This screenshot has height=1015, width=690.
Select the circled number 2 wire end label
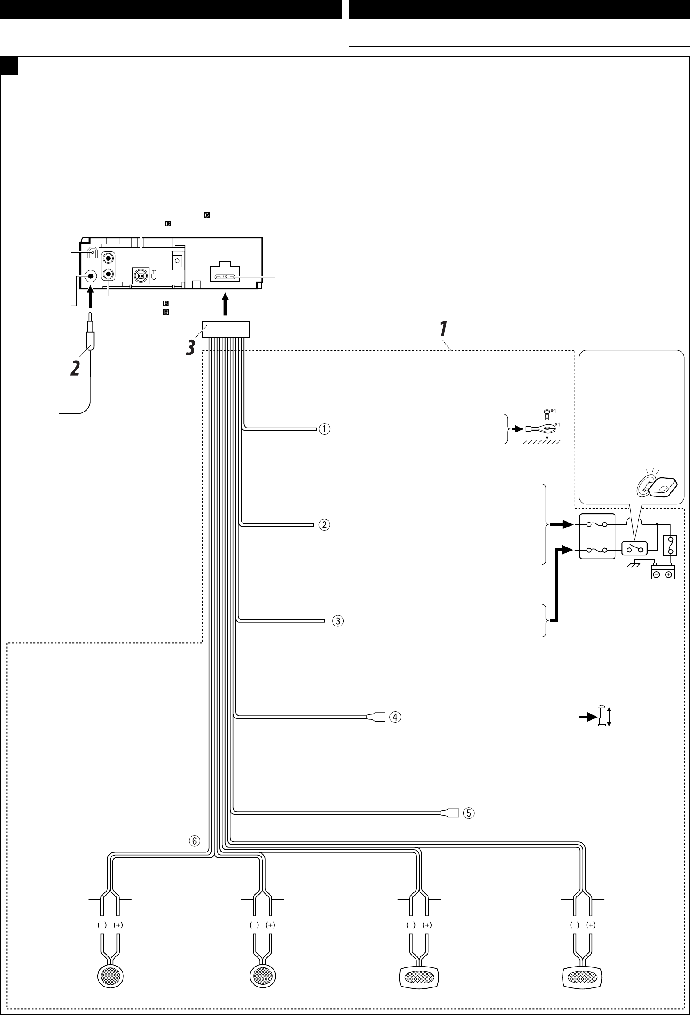pos(325,525)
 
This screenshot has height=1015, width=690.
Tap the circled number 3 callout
pos(337,621)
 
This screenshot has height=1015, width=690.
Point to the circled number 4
pos(395,717)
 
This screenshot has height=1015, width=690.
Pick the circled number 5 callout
pos(468,813)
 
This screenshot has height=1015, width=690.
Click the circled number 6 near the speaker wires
pos(194,841)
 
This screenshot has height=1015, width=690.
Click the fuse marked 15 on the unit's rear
pos(225,277)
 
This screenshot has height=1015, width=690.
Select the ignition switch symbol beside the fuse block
pos(634,550)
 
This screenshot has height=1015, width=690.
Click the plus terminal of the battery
pos(668,575)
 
